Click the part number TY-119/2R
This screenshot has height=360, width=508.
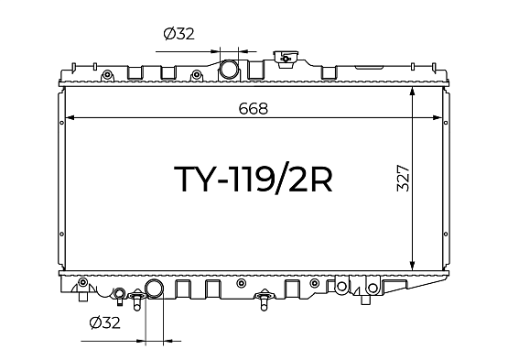click(x=254, y=179)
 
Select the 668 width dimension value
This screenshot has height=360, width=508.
click(x=254, y=109)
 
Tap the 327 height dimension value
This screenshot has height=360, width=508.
click(x=404, y=178)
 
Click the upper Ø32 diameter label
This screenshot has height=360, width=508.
click(x=179, y=34)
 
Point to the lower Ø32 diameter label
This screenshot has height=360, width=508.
click(x=104, y=322)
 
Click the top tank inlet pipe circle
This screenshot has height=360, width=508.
click(x=229, y=69)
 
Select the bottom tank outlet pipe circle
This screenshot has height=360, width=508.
click(x=154, y=289)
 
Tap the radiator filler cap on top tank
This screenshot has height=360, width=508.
click(x=285, y=59)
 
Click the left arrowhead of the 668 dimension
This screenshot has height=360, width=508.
click(x=70, y=117)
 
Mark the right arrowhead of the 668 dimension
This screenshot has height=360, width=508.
click(x=438, y=117)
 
